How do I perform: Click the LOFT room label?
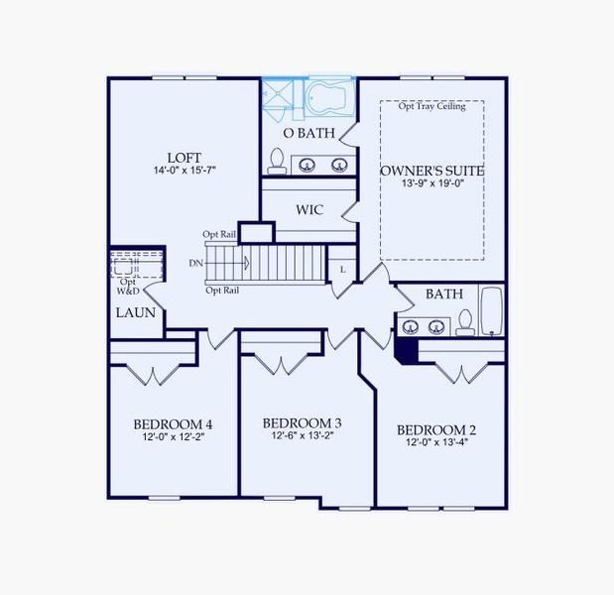click(184, 158)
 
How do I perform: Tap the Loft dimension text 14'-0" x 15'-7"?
click(184, 171)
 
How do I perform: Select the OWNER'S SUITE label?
click(431, 171)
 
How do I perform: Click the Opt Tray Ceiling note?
click(431, 107)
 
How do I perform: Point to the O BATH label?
click(308, 133)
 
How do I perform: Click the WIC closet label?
click(309, 210)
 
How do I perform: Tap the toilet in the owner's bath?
click(277, 161)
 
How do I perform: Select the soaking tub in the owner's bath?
click(328, 99)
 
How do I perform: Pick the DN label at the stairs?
click(196, 264)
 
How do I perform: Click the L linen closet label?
click(342, 269)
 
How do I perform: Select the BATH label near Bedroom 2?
click(443, 295)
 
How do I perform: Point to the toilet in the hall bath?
click(464, 322)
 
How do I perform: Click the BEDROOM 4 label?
click(173, 425)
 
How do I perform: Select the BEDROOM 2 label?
click(436, 429)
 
